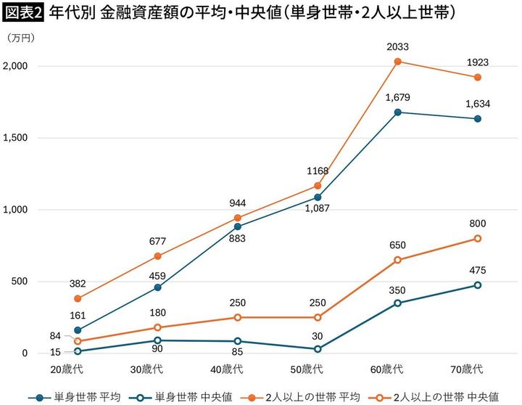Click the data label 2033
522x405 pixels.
(397, 47)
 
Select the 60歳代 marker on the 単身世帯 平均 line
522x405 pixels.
(397, 112)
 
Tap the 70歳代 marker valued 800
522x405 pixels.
(478, 239)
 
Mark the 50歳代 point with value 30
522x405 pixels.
(317, 349)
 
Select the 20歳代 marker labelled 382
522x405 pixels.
(78, 298)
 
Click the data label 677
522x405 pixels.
(158, 242)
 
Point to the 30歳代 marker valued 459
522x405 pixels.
(158, 287)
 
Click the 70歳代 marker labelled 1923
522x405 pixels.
(478, 78)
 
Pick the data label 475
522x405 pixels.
(478, 270)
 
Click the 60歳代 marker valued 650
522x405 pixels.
(397, 260)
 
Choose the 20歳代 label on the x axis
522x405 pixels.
(70, 369)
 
